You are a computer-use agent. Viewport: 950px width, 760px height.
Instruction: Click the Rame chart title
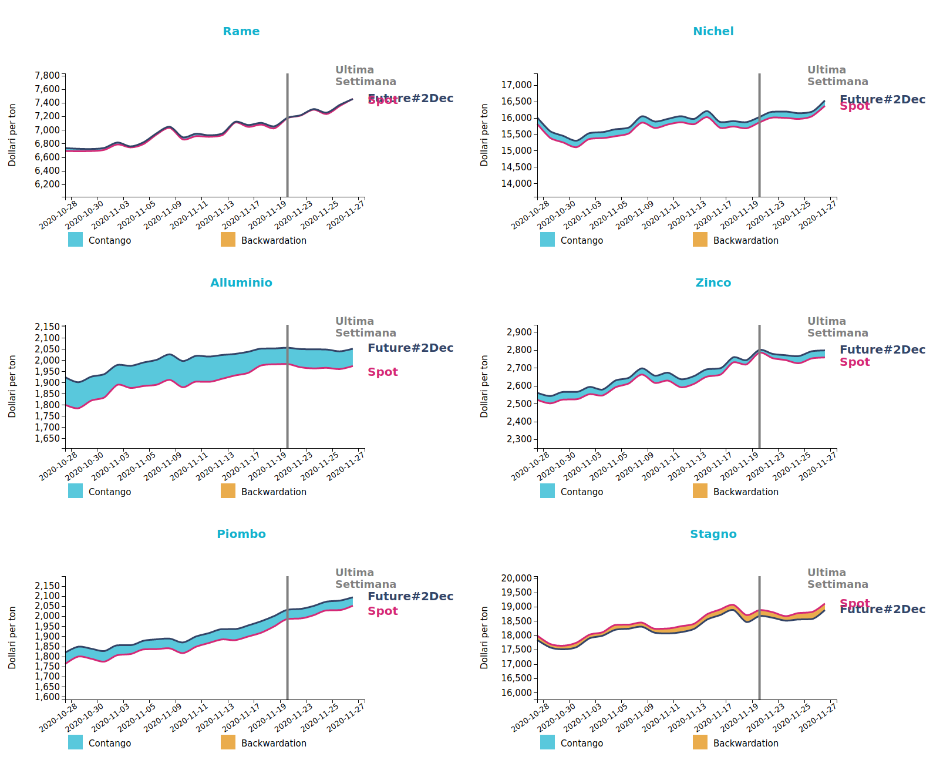[x=241, y=31]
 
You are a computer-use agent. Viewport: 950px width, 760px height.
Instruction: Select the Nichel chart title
[x=713, y=31]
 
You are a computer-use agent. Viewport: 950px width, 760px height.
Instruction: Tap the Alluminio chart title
[x=241, y=283]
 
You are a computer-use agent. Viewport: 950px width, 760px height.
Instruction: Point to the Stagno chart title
[x=713, y=534]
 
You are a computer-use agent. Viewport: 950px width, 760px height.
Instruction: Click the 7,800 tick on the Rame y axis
[x=48, y=75]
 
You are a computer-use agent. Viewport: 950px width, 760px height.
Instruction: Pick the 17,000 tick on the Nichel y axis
[x=517, y=85]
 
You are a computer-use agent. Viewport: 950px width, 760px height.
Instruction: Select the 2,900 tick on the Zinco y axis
[x=519, y=332]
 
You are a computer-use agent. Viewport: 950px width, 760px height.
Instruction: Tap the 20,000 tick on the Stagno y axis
[x=517, y=578]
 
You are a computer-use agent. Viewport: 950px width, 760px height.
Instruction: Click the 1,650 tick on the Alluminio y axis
[x=48, y=438]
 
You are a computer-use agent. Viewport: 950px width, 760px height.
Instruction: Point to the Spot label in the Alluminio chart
[x=382, y=372]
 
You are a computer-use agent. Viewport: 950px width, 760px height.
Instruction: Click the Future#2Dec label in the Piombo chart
[x=410, y=596]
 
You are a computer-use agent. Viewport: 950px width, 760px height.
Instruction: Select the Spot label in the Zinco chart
[x=854, y=362]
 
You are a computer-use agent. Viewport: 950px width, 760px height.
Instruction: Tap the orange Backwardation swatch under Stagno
[x=700, y=742]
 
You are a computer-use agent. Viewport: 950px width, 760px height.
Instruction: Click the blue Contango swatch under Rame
[x=75, y=240]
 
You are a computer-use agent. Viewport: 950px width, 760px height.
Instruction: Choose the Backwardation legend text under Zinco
[x=746, y=492]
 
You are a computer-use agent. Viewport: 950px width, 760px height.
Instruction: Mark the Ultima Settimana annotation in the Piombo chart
[x=365, y=578]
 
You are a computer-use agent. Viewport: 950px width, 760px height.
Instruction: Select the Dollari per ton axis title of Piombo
[x=12, y=638]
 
